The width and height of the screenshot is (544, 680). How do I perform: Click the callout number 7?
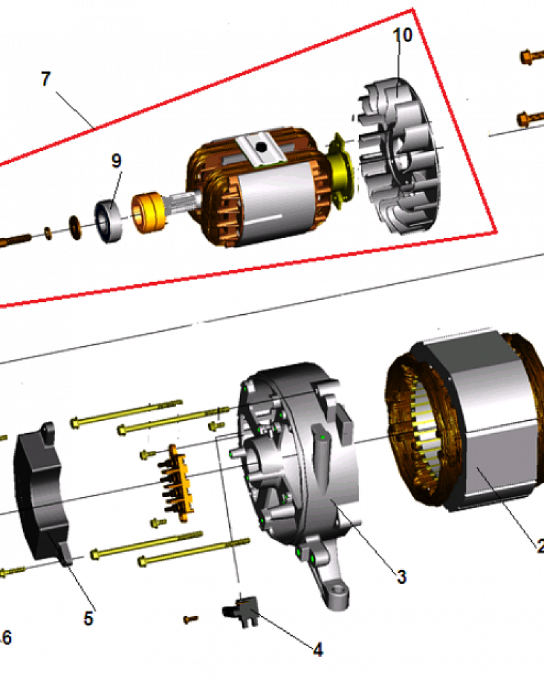click(x=46, y=79)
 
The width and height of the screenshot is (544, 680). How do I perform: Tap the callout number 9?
click(x=116, y=161)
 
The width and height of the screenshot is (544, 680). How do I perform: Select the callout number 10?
click(x=403, y=35)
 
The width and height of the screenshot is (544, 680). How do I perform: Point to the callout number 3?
click(x=401, y=577)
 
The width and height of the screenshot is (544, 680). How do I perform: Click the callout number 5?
click(x=89, y=618)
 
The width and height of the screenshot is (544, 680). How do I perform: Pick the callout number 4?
click(x=318, y=650)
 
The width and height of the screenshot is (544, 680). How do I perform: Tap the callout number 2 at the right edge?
click(x=539, y=546)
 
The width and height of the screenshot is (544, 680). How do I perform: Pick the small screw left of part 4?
click(x=191, y=619)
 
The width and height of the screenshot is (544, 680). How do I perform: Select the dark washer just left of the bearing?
click(x=74, y=224)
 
